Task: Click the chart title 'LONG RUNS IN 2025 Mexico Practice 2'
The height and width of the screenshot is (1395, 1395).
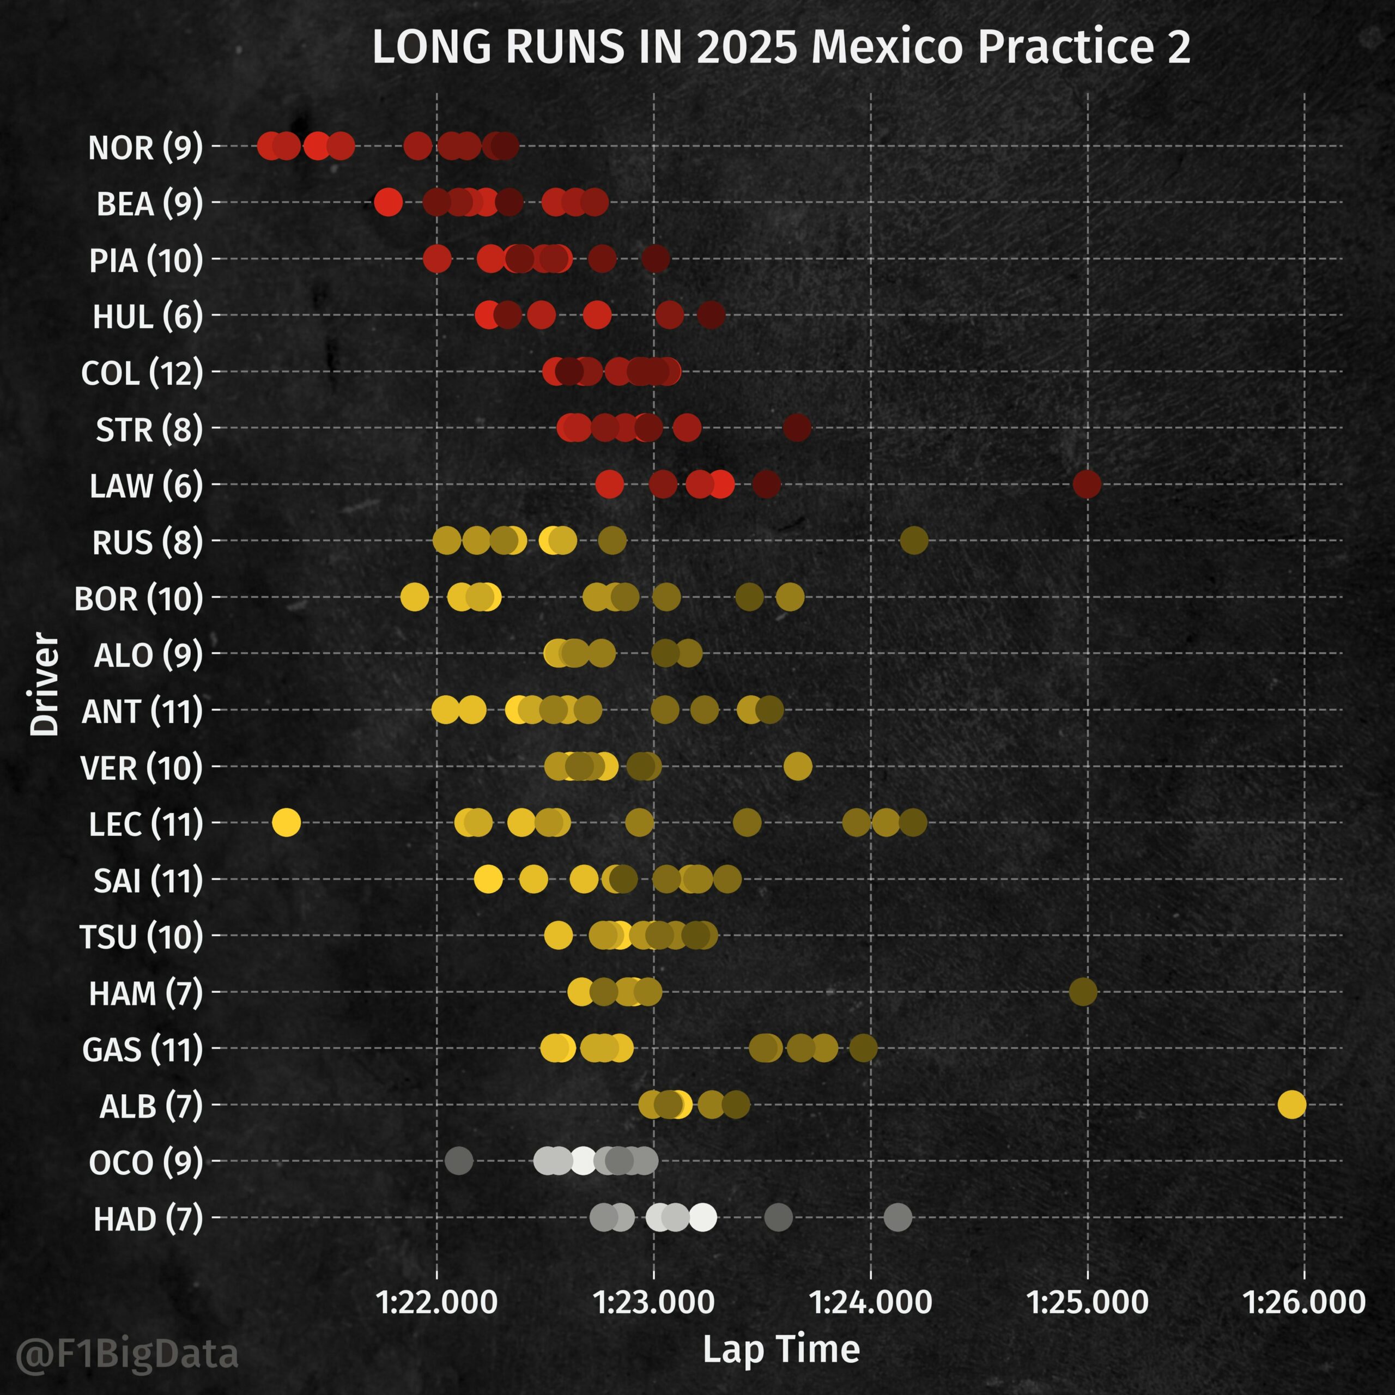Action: click(x=780, y=47)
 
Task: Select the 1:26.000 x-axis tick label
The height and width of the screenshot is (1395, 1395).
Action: click(x=1303, y=1302)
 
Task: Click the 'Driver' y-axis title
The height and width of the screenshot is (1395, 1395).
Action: click(x=44, y=684)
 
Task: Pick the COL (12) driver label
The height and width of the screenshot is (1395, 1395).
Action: click(x=142, y=373)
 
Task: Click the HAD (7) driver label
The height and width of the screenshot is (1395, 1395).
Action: click(x=148, y=1220)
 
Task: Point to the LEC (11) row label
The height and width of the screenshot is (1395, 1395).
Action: click(x=145, y=824)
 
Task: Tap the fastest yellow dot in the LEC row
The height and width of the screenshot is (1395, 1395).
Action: click(x=287, y=822)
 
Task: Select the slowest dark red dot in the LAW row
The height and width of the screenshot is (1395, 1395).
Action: click(x=1087, y=484)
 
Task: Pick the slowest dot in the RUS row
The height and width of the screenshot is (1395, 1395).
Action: click(x=914, y=540)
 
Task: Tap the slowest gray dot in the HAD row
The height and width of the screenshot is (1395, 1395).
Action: click(x=898, y=1217)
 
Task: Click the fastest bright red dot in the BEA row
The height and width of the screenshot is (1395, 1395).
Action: click(x=388, y=202)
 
